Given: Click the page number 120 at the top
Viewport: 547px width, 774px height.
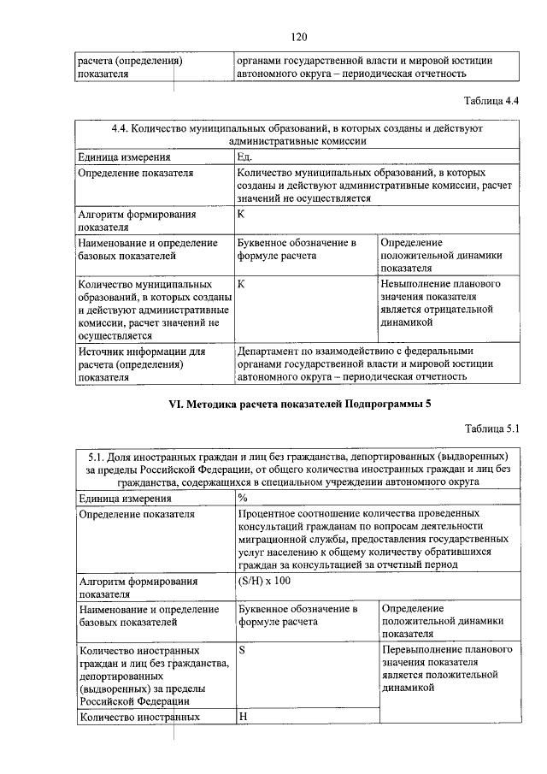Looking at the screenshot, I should [x=298, y=37].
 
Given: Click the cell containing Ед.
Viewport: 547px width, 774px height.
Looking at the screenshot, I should [x=245, y=157].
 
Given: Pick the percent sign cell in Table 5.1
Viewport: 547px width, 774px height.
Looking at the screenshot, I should [x=244, y=498].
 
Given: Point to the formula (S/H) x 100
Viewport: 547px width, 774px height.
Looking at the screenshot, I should [x=265, y=581].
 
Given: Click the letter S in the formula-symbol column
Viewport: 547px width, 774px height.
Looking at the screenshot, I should [x=242, y=650].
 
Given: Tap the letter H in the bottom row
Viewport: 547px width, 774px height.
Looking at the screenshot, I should [x=243, y=717].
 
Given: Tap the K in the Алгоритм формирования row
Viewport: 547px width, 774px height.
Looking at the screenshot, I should [x=242, y=214].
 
